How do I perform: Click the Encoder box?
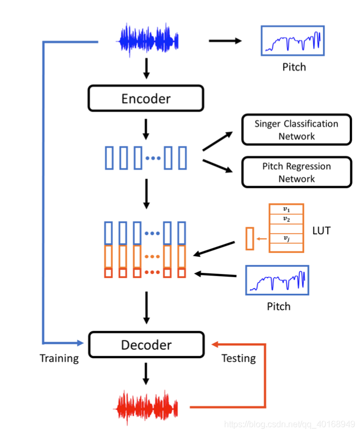[x=146, y=98]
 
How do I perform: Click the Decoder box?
[x=146, y=344]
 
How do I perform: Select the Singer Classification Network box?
[x=296, y=129]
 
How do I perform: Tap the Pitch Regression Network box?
[x=296, y=172]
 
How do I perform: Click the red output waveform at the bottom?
[x=148, y=407]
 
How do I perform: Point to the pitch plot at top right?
[x=293, y=41]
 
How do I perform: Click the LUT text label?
[x=321, y=232]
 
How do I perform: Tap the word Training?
[x=59, y=358]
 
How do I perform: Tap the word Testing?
[x=239, y=358]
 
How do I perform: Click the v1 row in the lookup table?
[x=286, y=209]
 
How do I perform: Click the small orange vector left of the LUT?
[x=249, y=238]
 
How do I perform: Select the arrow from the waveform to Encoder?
[x=146, y=68]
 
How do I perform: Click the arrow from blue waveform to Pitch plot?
[x=226, y=41]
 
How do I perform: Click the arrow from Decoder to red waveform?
[x=146, y=373]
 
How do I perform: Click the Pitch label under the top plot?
[x=294, y=67]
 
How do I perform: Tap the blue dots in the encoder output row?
[x=153, y=158]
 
